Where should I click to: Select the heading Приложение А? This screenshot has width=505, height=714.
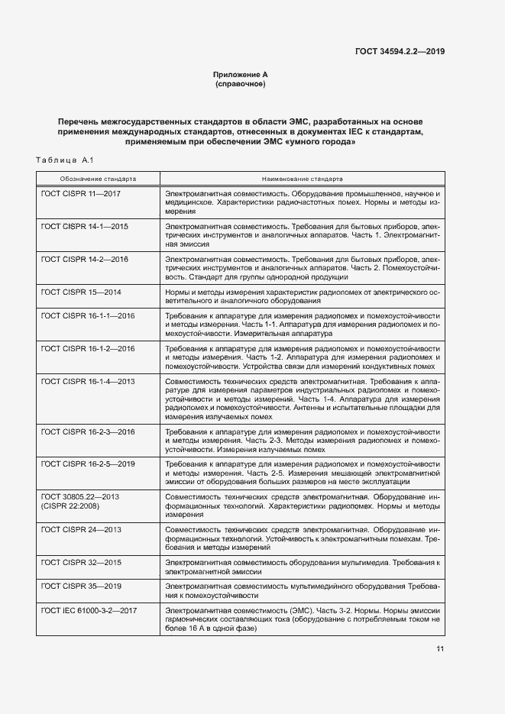pyautogui.click(x=240, y=74)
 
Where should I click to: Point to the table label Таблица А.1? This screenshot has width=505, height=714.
pyautogui.click(x=64, y=160)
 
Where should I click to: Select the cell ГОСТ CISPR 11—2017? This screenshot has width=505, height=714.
pyautogui.click(x=80, y=194)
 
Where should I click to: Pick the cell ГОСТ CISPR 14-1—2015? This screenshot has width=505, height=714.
pyautogui.click(x=85, y=227)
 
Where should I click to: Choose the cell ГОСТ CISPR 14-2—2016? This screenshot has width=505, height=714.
pyautogui.click(x=85, y=260)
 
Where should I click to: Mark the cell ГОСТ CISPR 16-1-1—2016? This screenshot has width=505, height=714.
pyautogui.click(x=88, y=315)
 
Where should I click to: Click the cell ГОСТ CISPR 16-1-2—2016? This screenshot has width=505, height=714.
pyautogui.click(x=88, y=348)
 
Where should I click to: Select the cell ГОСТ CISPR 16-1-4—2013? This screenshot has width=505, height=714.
pyautogui.click(x=88, y=381)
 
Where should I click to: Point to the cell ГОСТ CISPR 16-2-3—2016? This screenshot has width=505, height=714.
pyautogui.click(x=88, y=432)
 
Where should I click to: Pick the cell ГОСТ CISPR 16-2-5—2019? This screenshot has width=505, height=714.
pyautogui.click(x=88, y=464)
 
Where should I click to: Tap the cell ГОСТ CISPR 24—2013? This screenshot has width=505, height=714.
pyautogui.click(x=80, y=529)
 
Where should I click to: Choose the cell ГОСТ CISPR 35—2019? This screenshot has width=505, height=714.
pyautogui.click(x=80, y=585)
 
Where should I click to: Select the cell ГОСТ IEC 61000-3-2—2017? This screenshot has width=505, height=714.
pyautogui.click(x=89, y=610)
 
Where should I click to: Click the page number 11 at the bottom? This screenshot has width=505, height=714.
pyautogui.click(x=440, y=649)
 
